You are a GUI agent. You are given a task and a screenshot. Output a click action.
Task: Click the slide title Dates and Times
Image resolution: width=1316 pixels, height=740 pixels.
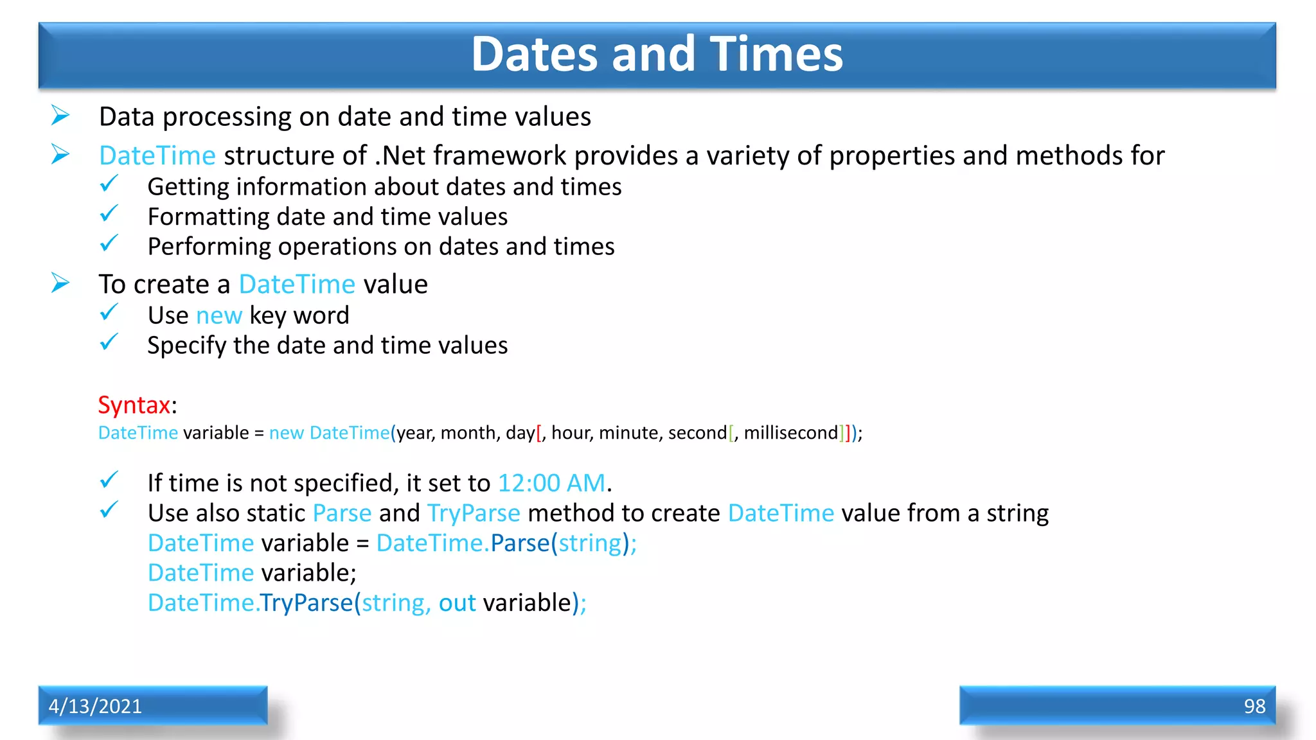click(657, 54)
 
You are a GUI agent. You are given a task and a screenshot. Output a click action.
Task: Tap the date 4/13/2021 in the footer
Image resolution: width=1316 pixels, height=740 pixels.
click(95, 706)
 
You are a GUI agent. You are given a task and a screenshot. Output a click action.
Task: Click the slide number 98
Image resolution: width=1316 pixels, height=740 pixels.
click(1254, 706)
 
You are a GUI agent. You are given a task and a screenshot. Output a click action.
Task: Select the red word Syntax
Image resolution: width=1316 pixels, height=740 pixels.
click(134, 405)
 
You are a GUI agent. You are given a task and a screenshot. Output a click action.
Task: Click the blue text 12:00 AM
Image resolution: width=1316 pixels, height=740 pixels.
click(551, 483)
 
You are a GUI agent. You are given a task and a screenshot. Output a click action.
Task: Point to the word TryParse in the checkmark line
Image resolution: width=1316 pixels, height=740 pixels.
click(474, 513)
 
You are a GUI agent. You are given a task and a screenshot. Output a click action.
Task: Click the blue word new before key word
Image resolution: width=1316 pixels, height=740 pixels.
click(218, 316)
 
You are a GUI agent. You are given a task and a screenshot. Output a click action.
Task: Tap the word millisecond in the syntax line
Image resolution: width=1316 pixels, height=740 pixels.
click(790, 433)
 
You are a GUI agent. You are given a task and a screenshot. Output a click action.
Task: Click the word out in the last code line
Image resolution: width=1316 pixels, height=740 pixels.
click(457, 603)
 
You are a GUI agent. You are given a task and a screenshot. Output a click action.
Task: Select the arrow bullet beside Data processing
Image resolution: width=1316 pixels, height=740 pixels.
click(60, 116)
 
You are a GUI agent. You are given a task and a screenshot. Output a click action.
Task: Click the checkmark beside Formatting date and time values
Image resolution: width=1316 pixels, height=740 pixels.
click(109, 214)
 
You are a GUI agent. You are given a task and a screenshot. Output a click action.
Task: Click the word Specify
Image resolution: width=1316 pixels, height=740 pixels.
click(186, 346)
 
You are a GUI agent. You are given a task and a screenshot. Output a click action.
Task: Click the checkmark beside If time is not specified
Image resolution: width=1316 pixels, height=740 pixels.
click(109, 480)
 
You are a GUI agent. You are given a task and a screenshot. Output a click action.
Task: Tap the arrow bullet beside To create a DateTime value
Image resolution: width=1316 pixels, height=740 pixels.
click(60, 283)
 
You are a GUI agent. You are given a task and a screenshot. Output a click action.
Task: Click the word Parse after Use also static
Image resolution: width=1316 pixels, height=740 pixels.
click(342, 513)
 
